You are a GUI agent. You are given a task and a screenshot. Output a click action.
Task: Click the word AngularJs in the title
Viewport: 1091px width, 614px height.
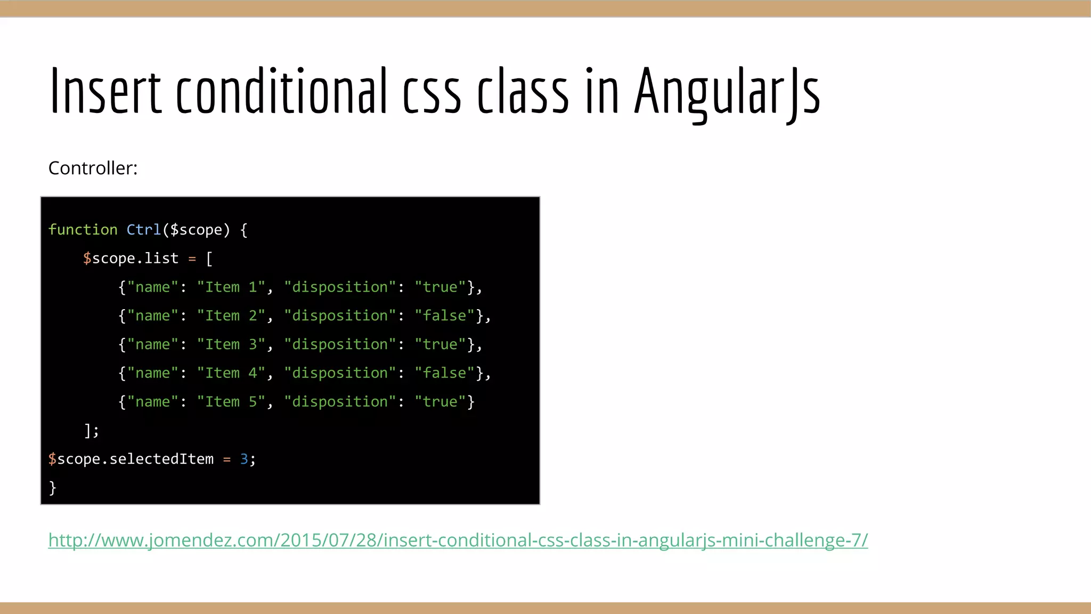click(x=727, y=92)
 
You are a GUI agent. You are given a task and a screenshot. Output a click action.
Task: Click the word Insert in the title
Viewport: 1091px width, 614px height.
click(x=105, y=92)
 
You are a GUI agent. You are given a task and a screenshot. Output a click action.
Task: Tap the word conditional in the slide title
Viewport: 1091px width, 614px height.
click(x=281, y=92)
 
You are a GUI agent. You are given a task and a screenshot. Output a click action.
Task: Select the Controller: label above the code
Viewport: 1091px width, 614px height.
click(x=93, y=168)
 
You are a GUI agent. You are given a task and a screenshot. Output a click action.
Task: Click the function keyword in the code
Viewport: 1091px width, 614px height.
click(x=83, y=230)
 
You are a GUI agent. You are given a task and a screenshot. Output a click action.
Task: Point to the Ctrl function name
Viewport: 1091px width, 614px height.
click(x=143, y=230)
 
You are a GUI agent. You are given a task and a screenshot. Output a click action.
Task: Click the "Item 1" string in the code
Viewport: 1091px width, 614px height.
click(x=231, y=287)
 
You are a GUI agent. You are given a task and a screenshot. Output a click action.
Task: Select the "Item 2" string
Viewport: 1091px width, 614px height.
click(x=231, y=316)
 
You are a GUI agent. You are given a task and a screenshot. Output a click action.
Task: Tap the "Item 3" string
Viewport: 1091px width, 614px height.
click(x=231, y=345)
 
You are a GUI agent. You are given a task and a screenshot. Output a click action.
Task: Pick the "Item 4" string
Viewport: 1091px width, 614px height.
click(x=231, y=373)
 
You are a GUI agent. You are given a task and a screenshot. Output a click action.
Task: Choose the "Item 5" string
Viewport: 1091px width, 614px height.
click(x=231, y=402)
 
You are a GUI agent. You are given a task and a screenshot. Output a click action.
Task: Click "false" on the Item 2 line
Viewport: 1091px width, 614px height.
click(x=444, y=316)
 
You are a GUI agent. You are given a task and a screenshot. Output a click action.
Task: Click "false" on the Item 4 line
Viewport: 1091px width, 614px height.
click(x=444, y=373)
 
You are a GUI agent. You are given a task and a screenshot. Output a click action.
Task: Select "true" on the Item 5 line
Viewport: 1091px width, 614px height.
click(x=440, y=402)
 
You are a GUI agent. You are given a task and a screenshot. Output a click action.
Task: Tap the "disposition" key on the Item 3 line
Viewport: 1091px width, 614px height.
click(x=340, y=345)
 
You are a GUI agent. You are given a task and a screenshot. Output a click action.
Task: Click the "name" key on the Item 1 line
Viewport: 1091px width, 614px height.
click(x=152, y=287)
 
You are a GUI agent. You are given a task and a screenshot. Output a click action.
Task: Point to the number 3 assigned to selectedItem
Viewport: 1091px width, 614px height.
click(x=244, y=459)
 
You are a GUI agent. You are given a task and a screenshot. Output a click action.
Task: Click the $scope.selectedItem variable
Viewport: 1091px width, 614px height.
click(x=131, y=459)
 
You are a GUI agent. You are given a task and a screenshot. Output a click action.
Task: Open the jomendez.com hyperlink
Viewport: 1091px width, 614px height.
click(x=458, y=540)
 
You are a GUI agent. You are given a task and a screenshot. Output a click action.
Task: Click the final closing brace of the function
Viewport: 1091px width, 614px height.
click(x=52, y=488)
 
